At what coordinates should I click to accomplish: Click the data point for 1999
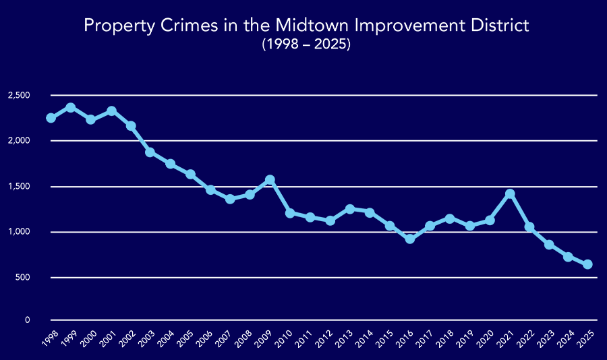coord(70,108)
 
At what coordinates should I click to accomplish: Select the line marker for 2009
coord(270,180)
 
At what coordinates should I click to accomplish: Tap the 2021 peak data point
coord(510,194)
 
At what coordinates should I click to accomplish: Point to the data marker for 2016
coord(410,239)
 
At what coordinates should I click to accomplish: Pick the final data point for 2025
coord(588,264)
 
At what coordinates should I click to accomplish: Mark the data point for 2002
coord(131,126)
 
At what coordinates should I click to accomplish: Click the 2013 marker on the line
coord(350,209)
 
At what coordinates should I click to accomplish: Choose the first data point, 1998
coord(51,118)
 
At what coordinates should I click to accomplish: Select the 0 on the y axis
coord(28,320)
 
